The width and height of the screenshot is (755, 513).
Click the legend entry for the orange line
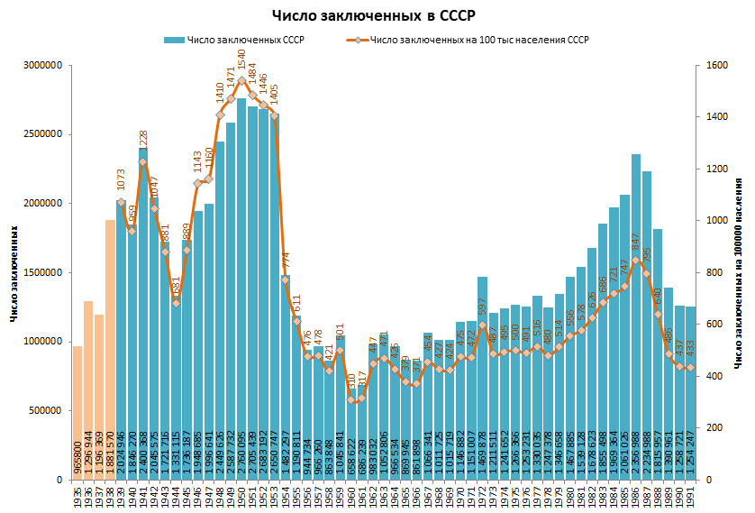click(x=468, y=41)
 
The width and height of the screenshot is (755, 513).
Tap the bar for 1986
click(x=636, y=316)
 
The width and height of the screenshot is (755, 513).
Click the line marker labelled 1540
click(x=241, y=80)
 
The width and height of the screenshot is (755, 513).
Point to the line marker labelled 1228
click(x=143, y=162)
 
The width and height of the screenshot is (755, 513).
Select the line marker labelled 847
click(x=636, y=261)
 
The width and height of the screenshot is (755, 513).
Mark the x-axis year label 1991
click(x=691, y=496)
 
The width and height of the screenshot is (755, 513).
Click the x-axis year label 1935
click(x=77, y=496)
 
